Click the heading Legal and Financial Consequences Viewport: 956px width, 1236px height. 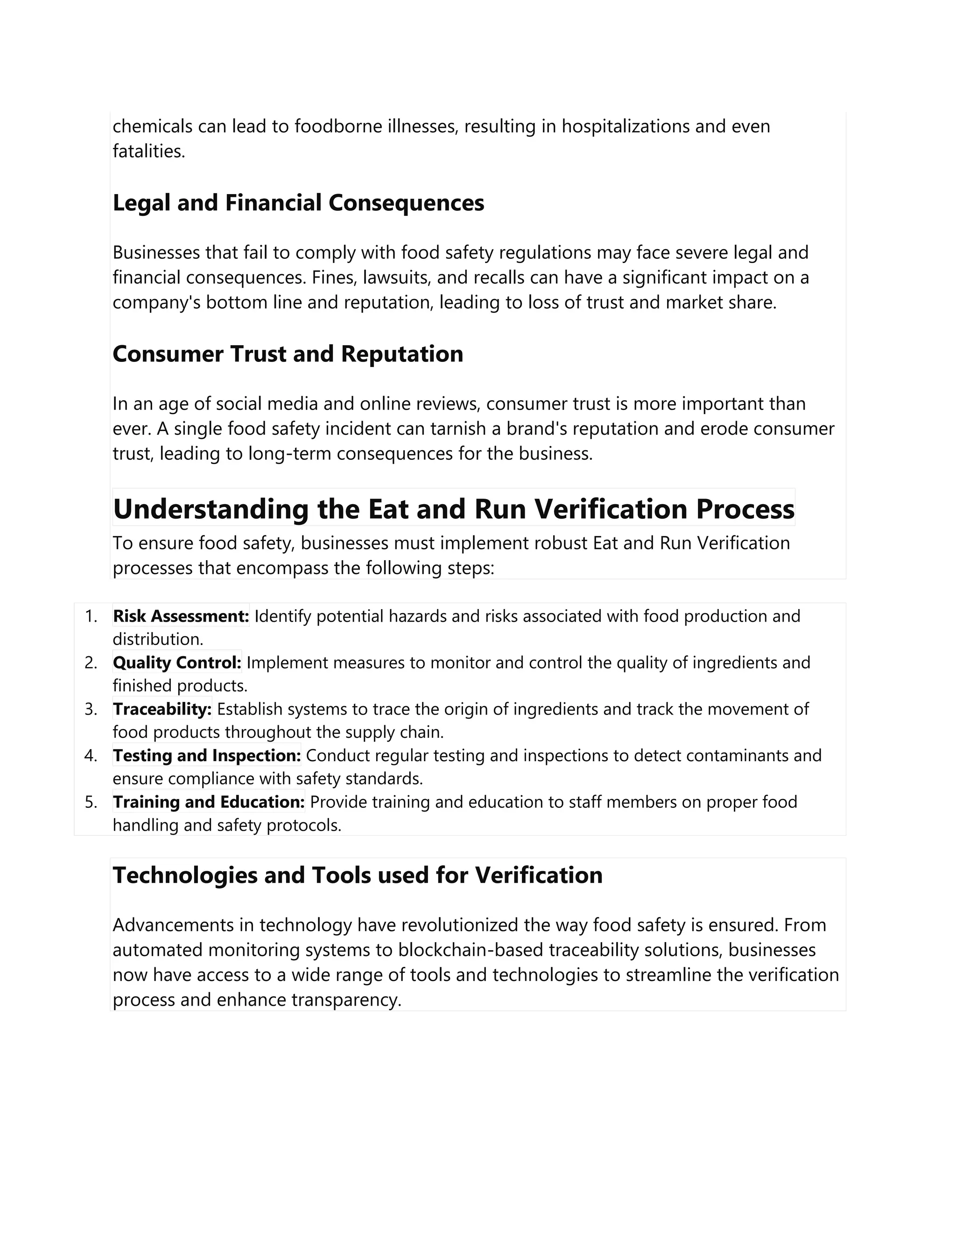(298, 202)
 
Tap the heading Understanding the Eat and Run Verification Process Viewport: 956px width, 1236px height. (454, 508)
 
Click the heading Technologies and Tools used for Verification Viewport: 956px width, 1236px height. (358, 875)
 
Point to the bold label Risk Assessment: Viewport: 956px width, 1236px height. (181, 616)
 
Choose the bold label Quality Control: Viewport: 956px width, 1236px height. (177, 662)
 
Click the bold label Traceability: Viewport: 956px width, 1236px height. (162, 708)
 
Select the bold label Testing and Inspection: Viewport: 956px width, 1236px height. (207, 755)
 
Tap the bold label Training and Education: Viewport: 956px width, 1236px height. (208, 801)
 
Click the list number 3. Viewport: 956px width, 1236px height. (91, 708)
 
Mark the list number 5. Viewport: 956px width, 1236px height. (91, 801)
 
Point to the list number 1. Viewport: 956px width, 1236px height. (91, 616)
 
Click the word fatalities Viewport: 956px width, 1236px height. (148, 151)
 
